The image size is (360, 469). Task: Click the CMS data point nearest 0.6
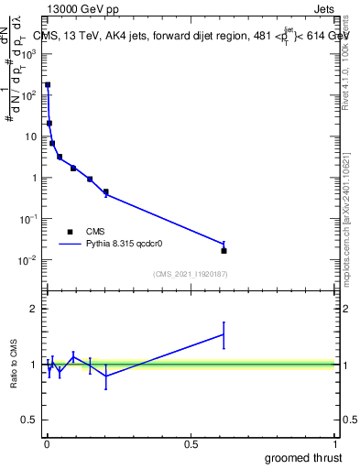coord(224,250)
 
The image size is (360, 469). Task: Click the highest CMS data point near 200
coord(48,84)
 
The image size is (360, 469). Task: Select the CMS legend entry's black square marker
coord(70,232)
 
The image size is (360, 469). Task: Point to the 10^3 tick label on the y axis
coord(27,54)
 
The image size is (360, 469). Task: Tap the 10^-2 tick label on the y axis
coord(27,260)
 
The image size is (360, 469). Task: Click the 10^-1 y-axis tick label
coord(27,219)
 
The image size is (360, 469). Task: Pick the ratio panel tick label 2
coord(32,309)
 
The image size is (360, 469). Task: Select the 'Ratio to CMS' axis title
coord(15,365)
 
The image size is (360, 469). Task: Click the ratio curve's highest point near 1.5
coord(224,334)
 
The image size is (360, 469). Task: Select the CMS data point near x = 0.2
coord(106,191)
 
